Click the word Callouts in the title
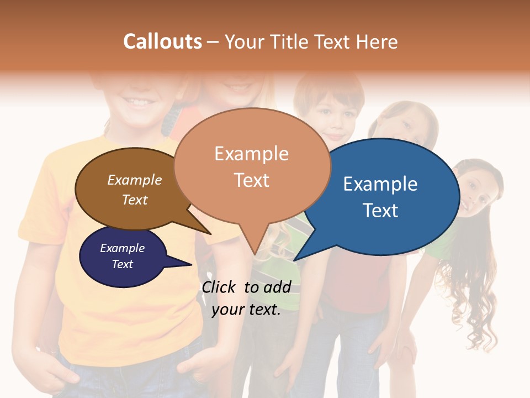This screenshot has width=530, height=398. click(x=162, y=41)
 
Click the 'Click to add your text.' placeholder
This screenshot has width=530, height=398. click(x=246, y=298)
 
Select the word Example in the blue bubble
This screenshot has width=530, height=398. click(x=380, y=184)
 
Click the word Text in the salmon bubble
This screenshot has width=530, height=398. click(x=252, y=180)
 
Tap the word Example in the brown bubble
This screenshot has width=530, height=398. click(x=135, y=180)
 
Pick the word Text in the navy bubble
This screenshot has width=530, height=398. click(x=123, y=264)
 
